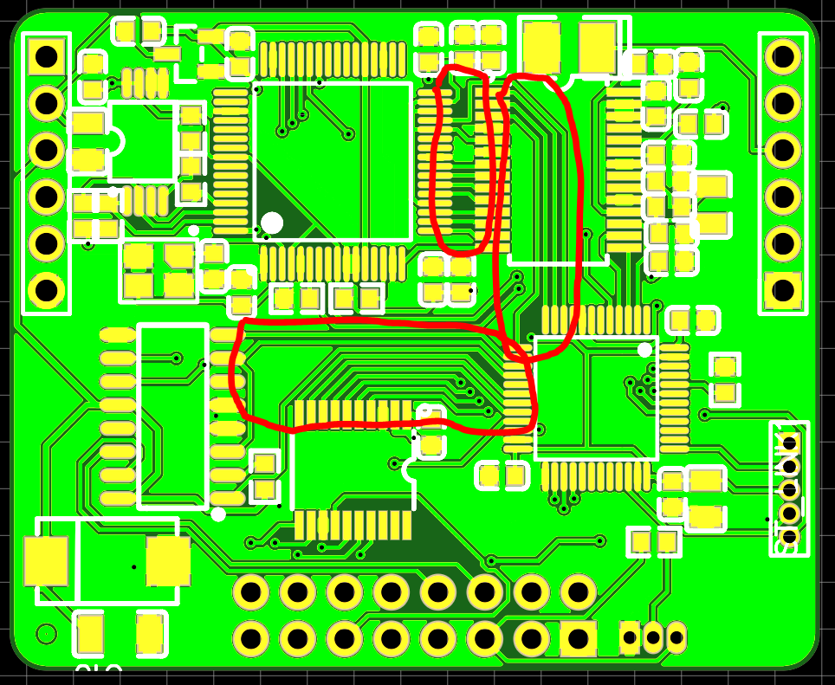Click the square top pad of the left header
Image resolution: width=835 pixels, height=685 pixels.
47,57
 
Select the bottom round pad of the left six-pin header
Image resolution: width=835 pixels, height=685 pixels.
47,290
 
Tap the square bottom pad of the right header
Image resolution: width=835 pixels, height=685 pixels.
783,290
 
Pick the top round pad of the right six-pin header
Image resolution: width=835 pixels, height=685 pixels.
783,57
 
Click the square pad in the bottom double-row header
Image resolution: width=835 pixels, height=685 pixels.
578,639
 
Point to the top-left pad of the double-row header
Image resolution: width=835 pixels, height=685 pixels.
250,592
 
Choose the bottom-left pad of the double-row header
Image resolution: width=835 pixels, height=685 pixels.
250,639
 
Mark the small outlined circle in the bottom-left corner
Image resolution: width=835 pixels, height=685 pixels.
46,634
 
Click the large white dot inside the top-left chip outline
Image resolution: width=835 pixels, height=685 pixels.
272,223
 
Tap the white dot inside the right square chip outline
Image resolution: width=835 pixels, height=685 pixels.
644,350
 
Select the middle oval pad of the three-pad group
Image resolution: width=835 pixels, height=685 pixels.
653,637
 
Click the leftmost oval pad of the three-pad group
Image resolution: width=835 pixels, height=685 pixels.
630,637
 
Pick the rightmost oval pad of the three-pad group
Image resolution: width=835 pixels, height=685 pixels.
676,637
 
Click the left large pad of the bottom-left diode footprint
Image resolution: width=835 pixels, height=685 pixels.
46,560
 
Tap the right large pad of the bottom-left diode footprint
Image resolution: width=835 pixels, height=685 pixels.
168,560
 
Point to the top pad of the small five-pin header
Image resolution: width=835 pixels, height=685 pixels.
789,443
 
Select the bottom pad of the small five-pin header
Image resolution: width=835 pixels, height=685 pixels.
789,537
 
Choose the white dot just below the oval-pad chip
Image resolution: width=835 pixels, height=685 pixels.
218,514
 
